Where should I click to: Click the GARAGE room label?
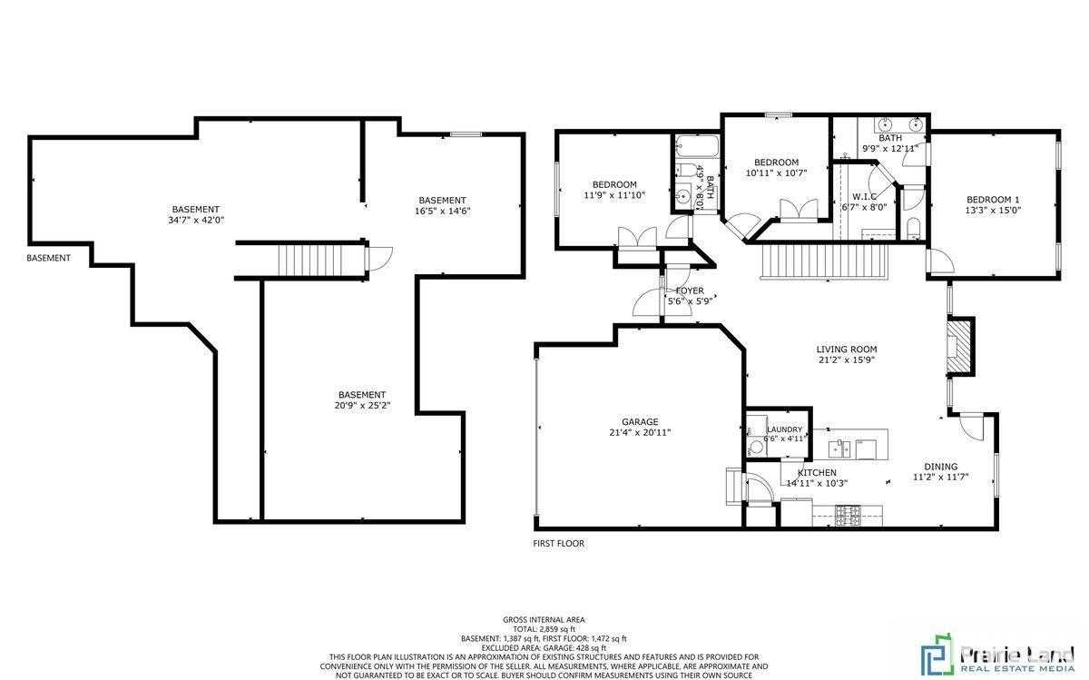(640, 421)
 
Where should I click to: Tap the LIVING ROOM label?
(846, 349)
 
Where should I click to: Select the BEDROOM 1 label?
(993, 200)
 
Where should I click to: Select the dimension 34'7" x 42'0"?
(196, 220)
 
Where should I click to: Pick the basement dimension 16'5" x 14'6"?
(442, 211)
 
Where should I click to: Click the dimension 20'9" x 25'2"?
(362, 405)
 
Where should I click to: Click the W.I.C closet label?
(863, 196)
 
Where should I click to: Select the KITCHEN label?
(817, 473)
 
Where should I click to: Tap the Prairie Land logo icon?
(934, 656)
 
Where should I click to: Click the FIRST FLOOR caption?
(558, 544)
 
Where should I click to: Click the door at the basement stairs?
(376, 260)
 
